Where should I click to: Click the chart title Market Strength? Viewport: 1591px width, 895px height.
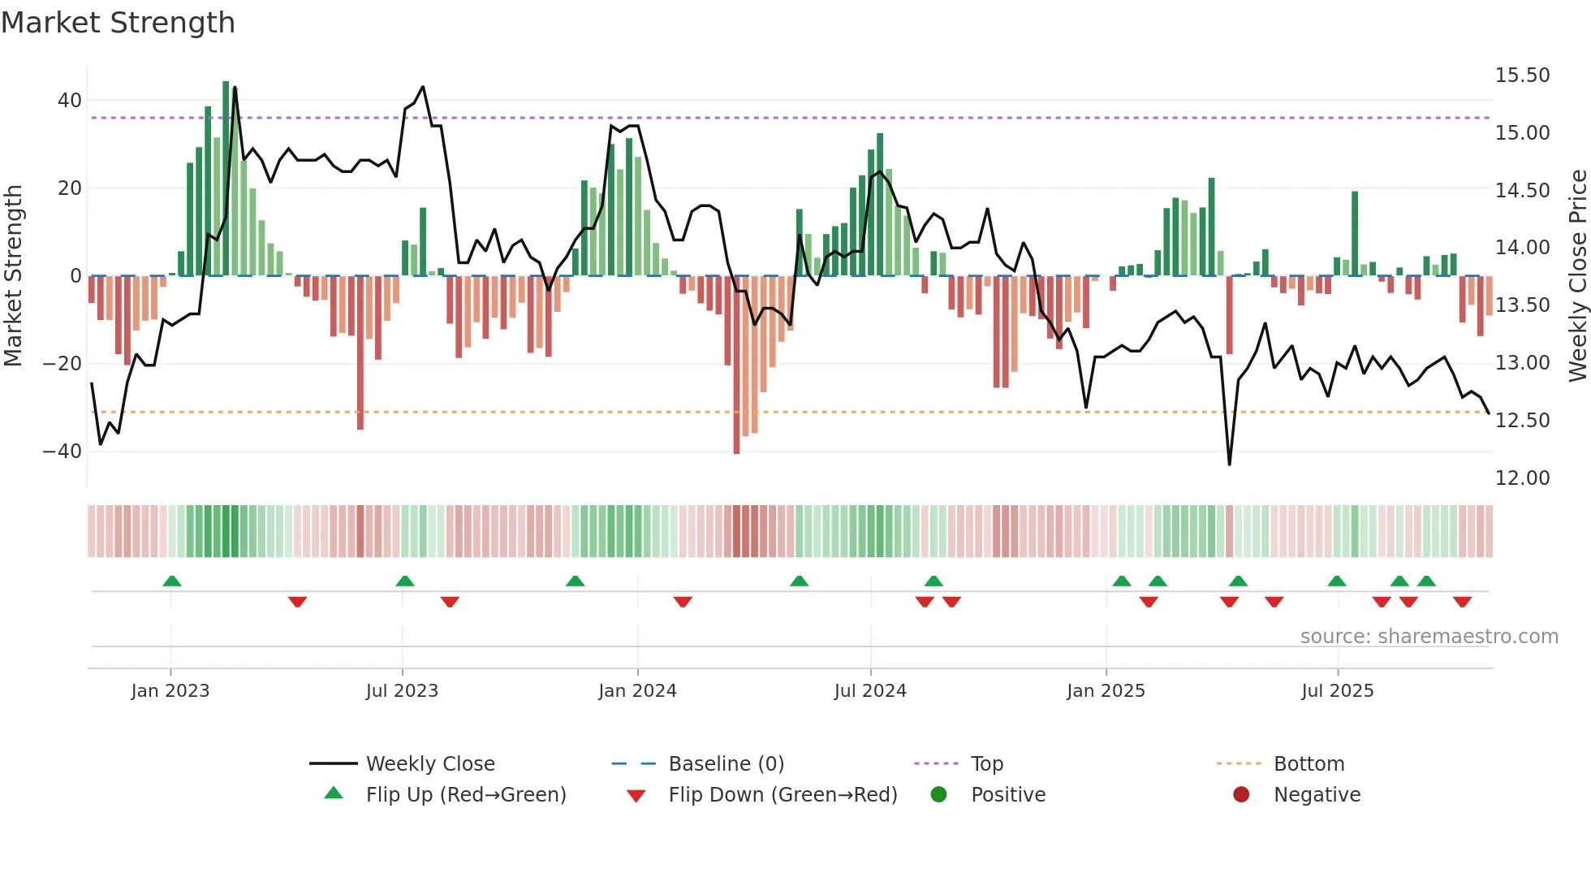point(118,23)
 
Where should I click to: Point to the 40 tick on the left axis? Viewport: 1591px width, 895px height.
point(70,101)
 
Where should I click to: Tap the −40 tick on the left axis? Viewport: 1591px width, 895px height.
point(63,452)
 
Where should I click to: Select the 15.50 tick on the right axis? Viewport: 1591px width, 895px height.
point(1522,76)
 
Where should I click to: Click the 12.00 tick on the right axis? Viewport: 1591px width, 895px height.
point(1522,478)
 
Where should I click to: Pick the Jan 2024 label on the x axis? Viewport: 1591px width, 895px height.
point(637,691)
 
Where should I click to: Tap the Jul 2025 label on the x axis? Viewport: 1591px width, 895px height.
point(1337,691)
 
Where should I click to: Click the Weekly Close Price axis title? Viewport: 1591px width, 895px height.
point(1577,276)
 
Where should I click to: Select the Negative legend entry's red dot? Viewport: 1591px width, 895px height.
point(1241,794)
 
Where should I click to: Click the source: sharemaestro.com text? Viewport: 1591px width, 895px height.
point(1429,637)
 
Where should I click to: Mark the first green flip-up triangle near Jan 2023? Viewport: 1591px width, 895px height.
point(172,581)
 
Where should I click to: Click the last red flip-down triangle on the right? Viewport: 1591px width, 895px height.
point(1462,602)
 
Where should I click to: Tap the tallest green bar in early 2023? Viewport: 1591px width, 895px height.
point(226,179)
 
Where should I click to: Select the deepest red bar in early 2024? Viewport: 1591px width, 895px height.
point(736,365)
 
